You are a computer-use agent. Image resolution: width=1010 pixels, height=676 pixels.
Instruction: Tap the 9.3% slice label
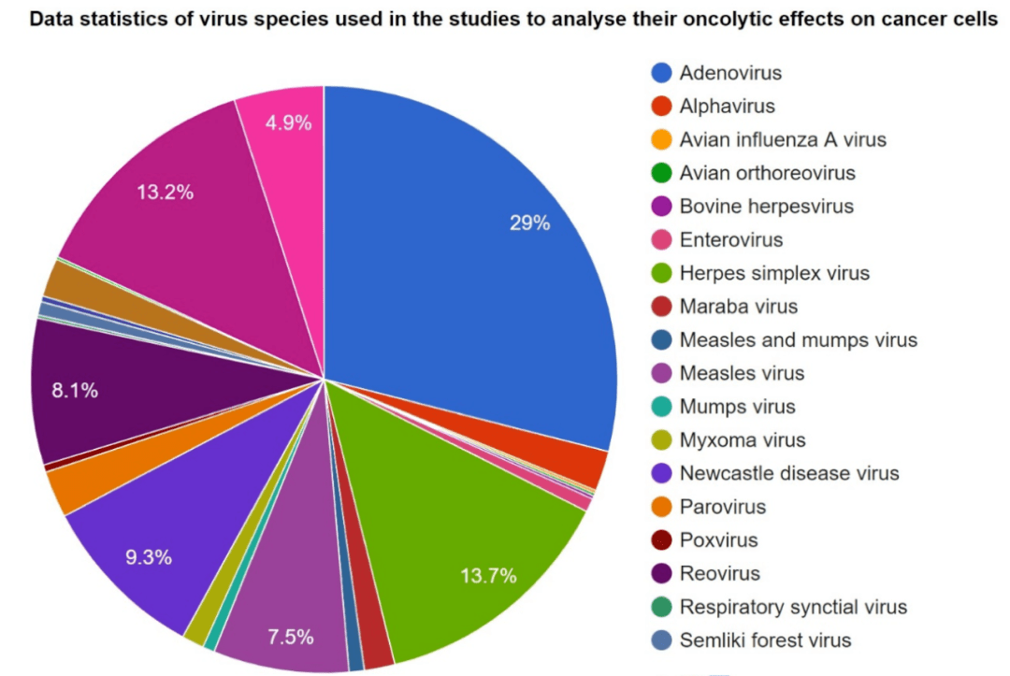tap(149, 557)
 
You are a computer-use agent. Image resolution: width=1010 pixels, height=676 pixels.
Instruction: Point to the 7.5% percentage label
tap(290, 638)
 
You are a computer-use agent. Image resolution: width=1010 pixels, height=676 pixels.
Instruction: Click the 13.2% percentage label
tap(165, 193)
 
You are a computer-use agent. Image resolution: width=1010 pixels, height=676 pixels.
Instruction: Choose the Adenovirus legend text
tap(730, 73)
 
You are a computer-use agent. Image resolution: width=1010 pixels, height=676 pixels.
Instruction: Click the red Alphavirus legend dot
tap(662, 107)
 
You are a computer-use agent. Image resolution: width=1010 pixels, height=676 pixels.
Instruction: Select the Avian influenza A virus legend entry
tap(783, 140)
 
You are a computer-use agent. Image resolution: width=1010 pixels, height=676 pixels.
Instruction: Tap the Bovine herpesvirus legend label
tap(766, 207)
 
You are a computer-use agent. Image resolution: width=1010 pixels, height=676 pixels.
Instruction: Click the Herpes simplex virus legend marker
tap(662, 273)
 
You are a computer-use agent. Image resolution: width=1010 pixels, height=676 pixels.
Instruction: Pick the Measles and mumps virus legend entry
tap(798, 340)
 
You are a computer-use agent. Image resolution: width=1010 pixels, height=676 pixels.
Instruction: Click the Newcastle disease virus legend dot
tap(662, 473)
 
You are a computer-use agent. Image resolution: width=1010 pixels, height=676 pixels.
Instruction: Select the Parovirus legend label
tap(723, 507)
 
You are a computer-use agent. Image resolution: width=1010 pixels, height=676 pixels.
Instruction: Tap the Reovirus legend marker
tap(662, 573)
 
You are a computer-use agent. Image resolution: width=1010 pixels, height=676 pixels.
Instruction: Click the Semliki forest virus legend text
tap(765, 640)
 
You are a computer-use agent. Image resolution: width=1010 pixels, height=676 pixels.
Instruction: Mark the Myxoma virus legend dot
tap(662, 440)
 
